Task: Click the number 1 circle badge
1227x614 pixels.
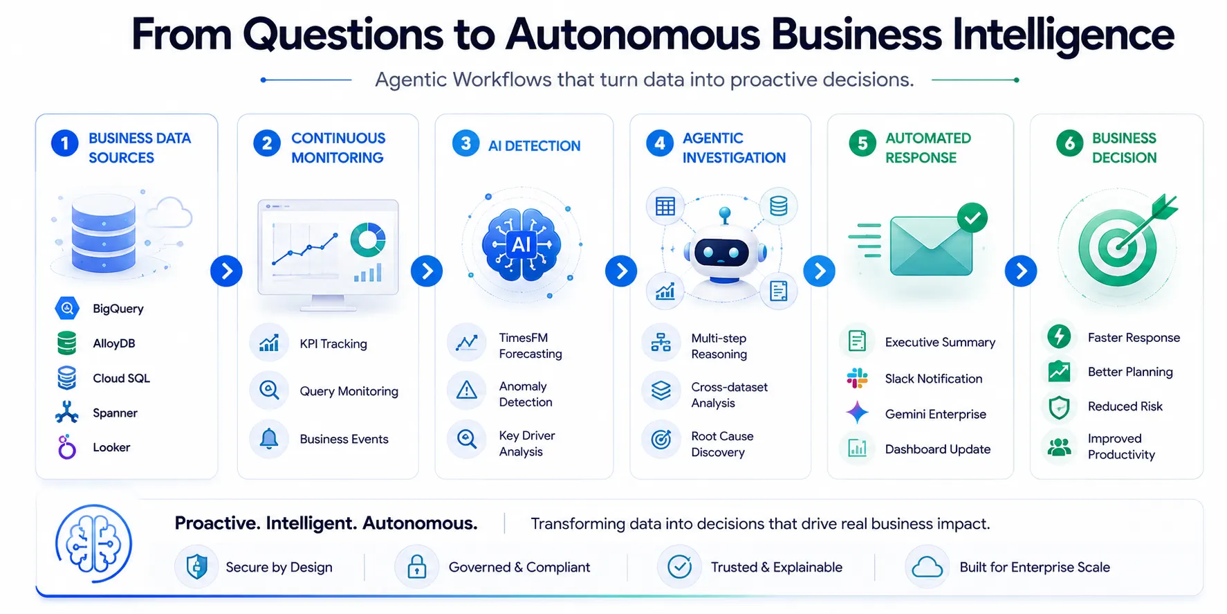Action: pos(65,143)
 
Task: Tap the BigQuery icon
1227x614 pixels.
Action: pos(67,308)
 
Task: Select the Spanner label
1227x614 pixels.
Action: pos(115,413)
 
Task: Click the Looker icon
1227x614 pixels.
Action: pos(66,447)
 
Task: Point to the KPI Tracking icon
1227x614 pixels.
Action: pos(269,343)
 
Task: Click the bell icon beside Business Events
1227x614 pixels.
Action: pos(269,438)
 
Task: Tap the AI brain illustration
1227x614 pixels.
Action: pos(522,244)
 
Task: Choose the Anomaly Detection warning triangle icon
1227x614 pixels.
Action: pos(467,390)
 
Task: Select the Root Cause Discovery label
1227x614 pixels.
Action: pos(722,444)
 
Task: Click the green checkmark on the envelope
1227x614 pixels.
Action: pos(972,218)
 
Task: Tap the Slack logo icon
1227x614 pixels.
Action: pos(858,378)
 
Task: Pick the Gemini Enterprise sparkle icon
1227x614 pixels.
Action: pos(858,413)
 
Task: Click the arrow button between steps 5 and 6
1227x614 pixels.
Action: pos(1021,271)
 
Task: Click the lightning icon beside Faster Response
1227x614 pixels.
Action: pos(1059,336)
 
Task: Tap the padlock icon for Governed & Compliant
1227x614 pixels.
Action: pos(416,567)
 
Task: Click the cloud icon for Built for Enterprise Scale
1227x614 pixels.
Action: pos(927,568)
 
